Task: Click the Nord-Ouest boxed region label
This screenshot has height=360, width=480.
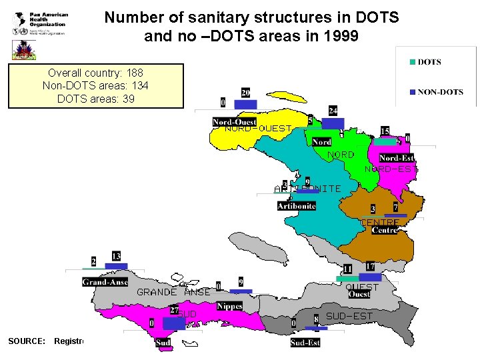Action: (x=234, y=122)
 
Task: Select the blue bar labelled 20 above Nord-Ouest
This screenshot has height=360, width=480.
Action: (x=245, y=105)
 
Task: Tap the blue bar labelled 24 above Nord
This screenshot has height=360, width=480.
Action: (x=333, y=123)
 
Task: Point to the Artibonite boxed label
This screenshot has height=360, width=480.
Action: (x=297, y=206)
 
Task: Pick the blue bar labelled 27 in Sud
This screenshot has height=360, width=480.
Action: (x=174, y=323)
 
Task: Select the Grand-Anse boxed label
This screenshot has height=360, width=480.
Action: (x=105, y=282)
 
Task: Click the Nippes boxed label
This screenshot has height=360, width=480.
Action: (x=229, y=306)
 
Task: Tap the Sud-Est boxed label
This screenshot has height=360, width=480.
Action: (x=305, y=343)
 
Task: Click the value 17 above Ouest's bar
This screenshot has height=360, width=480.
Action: (x=370, y=267)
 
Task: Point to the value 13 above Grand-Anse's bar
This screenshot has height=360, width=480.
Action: (x=116, y=256)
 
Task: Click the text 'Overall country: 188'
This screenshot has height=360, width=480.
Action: (x=95, y=72)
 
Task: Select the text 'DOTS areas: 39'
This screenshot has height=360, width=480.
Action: (x=95, y=99)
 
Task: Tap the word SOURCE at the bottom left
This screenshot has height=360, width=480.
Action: (x=27, y=341)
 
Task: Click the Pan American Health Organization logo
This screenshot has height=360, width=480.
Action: (x=40, y=23)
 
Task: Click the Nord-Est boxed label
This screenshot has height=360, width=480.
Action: (x=396, y=158)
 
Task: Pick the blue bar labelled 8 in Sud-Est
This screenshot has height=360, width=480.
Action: (x=316, y=328)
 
